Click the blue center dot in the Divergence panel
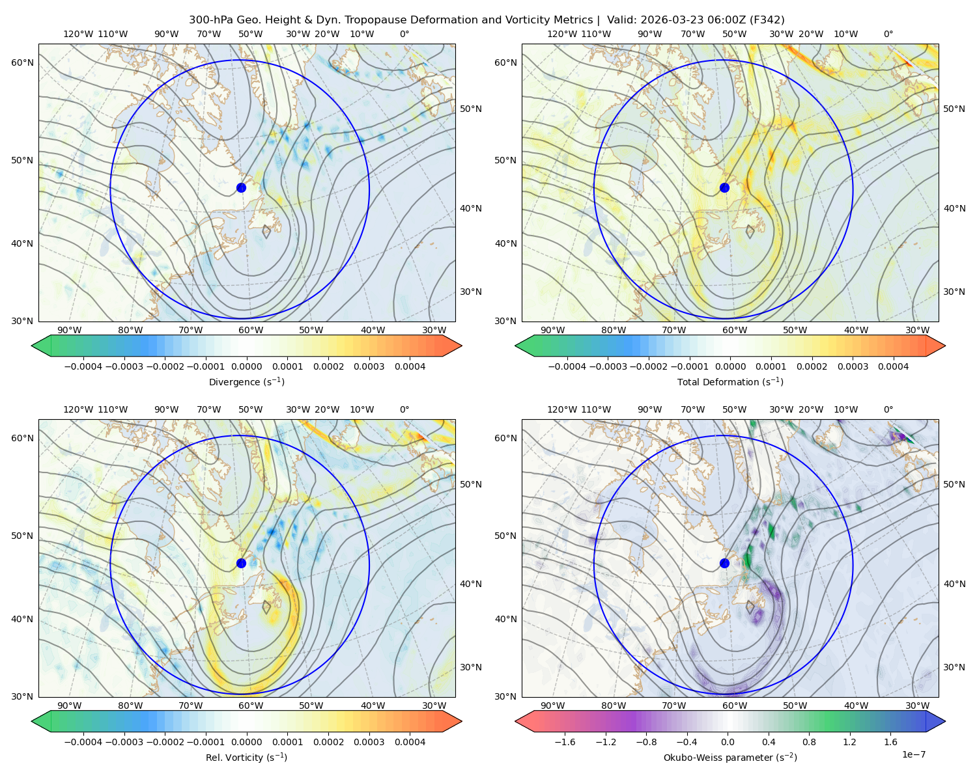(241, 187)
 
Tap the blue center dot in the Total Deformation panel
(724, 187)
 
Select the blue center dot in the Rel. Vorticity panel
(241, 563)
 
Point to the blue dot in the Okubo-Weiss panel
(724, 563)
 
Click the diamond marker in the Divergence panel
(266, 232)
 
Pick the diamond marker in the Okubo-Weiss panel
(750, 607)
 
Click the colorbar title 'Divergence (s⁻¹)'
(246, 382)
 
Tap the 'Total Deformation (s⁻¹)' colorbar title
(730, 382)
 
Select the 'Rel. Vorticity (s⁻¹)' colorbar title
(246, 758)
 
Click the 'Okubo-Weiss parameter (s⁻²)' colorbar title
(730, 758)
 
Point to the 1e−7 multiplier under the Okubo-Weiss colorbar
(913, 754)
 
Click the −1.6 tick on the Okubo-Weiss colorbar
(565, 742)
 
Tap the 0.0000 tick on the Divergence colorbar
(246, 366)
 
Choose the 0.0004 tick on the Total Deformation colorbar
(893, 366)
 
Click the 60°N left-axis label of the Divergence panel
(22, 62)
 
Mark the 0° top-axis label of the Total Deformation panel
(888, 34)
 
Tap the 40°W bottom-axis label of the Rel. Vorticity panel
(373, 706)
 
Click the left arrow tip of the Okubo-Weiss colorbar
(515, 722)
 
